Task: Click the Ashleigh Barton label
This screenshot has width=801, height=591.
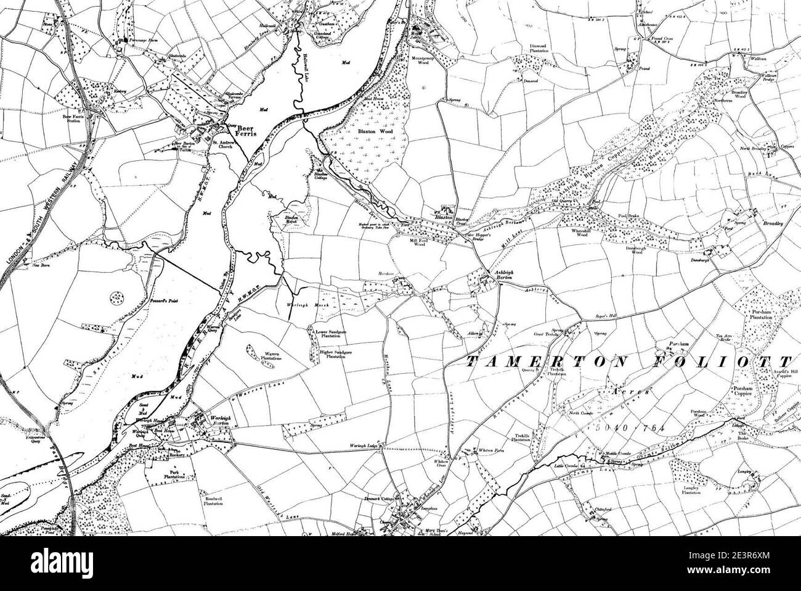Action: tap(501, 275)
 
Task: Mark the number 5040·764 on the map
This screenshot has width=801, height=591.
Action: tap(625, 426)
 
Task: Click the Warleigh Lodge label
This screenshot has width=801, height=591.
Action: tap(362, 445)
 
